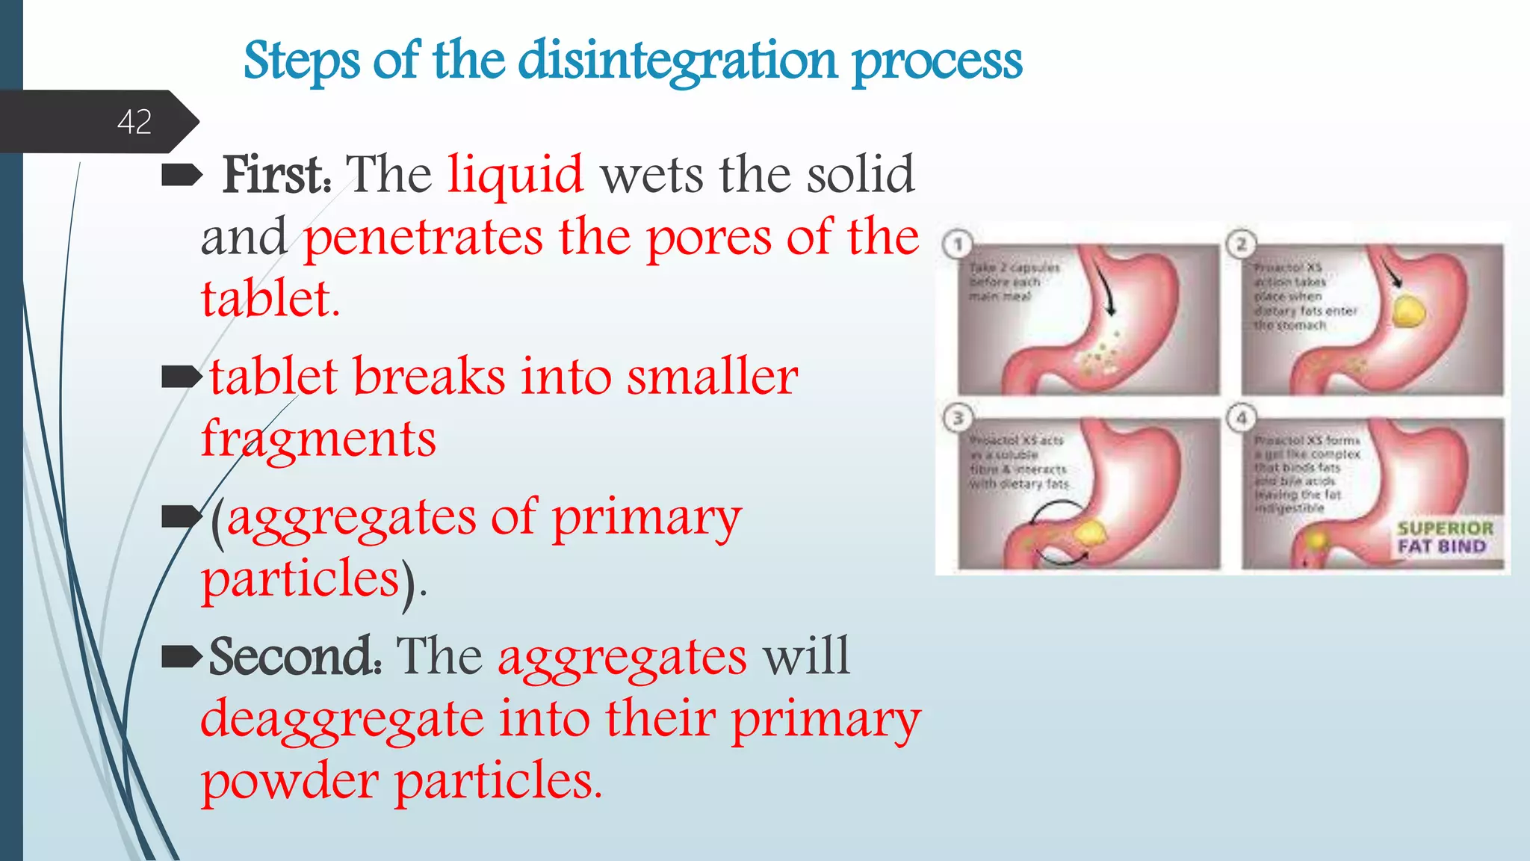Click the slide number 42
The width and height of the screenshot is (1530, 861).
(134, 122)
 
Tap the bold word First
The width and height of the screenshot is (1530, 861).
(276, 175)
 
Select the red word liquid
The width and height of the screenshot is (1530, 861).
(515, 175)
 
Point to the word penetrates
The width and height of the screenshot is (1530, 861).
(423, 238)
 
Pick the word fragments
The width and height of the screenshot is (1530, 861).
(319, 439)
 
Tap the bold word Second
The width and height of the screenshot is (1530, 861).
(294, 656)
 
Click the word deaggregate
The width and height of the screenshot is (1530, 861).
(342, 719)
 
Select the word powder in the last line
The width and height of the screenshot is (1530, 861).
(290, 781)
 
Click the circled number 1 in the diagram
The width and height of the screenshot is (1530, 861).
(958, 244)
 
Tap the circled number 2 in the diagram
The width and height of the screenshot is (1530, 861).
(1241, 244)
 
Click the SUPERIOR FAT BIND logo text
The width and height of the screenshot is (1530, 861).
(1444, 537)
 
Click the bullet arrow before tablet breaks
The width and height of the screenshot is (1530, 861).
(182, 377)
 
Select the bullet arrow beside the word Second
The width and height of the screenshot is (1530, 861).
(182, 657)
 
